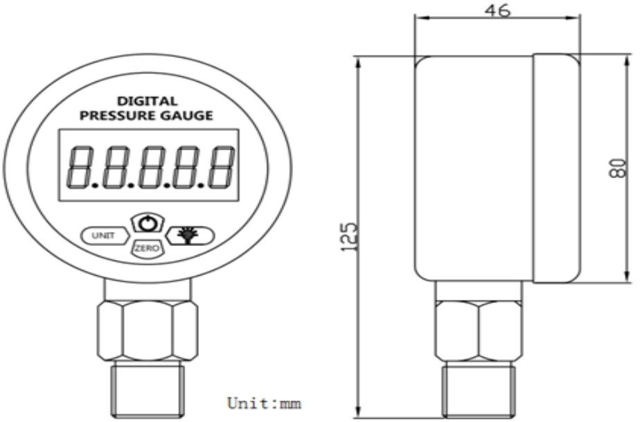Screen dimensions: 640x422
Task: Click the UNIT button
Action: (x=105, y=236)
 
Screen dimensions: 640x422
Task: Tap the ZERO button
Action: (x=147, y=248)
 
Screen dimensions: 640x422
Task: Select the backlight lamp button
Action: (x=190, y=236)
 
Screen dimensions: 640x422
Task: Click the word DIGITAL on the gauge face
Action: (x=147, y=101)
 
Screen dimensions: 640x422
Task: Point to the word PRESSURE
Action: (x=116, y=116)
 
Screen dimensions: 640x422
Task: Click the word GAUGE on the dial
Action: (x=186, y=116)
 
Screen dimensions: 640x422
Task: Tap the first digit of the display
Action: (x=81, y=167)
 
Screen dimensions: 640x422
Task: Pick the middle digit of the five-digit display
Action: (x=151, y=167)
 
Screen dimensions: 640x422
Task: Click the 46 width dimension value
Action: (x=497, y=10)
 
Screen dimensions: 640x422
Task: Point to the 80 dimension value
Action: (x=618, y=168)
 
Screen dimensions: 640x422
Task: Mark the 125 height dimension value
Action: (x=349, y=237)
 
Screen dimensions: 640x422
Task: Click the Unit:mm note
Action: (x=264, y=403)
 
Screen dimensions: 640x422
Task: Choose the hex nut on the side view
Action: (x=478, y=331)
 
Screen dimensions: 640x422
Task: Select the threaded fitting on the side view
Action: (x=479, y=389)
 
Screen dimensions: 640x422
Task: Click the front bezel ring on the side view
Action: (x=556, y=168)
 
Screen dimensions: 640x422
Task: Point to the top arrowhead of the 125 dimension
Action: (x=358, y=62)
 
